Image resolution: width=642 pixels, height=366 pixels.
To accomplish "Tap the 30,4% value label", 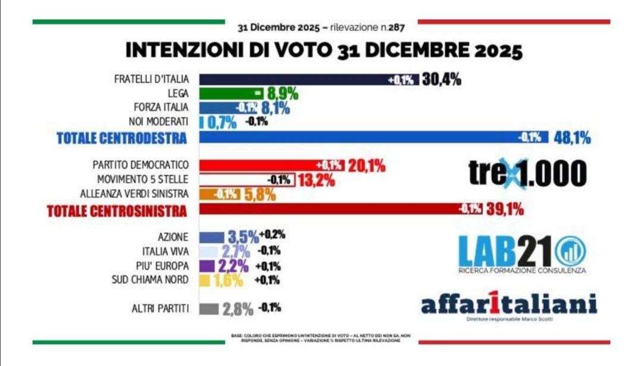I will pyautogui.click(x=441, y=79).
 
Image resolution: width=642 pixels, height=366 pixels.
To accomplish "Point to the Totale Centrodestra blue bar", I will pyautogui.click(x=357, y=137).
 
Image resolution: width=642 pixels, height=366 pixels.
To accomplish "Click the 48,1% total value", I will pyautogui.click(x=571, y=138).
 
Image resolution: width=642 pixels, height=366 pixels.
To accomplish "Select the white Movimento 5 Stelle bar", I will pyautogui.click(x=238, y=179).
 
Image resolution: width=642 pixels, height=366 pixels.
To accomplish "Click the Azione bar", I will pyautogui.click(x=211, y=236).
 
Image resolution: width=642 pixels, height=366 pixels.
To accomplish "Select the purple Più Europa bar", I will pyautogui.click(x=207, y=265).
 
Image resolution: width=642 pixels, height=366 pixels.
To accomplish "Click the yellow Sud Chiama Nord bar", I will pyautogui.click(x=204, y=279).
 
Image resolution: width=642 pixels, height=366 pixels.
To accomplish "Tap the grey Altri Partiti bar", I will pyautogui.click(x=208, y=309).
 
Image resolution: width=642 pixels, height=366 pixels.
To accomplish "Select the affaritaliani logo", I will pyautogui.click(x=508, y=305).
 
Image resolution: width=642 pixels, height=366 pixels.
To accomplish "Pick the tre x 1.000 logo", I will pyautogui.click(x=527, y=173).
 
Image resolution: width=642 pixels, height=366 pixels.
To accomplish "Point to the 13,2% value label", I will pyautogui.click(x=316, y=180).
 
